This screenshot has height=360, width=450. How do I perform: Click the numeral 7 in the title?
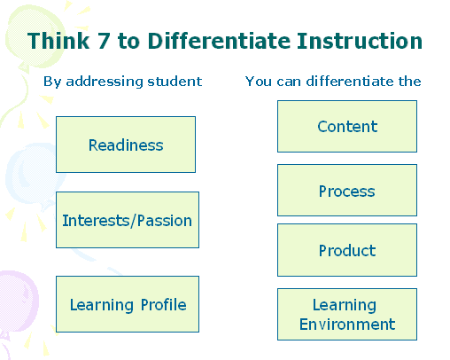(104, 41)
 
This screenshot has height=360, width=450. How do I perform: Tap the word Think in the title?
(58, 41)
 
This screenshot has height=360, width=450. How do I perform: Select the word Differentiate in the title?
(219, 41)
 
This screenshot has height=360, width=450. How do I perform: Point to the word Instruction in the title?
(360, 41)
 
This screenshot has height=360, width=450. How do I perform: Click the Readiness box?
(126, 145)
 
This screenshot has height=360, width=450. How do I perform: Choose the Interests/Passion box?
(128, 220)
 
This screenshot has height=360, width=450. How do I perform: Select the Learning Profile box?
(128, 304)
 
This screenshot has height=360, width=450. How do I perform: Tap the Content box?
(347, 127)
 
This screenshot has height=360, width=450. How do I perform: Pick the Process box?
(347, 191)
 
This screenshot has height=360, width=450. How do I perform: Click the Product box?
(347, 250)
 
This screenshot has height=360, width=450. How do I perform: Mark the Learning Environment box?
(347, 315)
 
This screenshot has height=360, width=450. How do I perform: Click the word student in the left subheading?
(175, 82)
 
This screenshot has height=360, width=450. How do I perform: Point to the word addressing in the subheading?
(105, 82)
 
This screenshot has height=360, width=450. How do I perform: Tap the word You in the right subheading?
(259, 82)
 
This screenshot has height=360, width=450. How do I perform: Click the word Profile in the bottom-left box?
(164, 305)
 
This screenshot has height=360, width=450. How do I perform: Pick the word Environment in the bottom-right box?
(347, 325)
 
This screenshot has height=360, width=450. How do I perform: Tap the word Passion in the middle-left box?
(165, 221)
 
